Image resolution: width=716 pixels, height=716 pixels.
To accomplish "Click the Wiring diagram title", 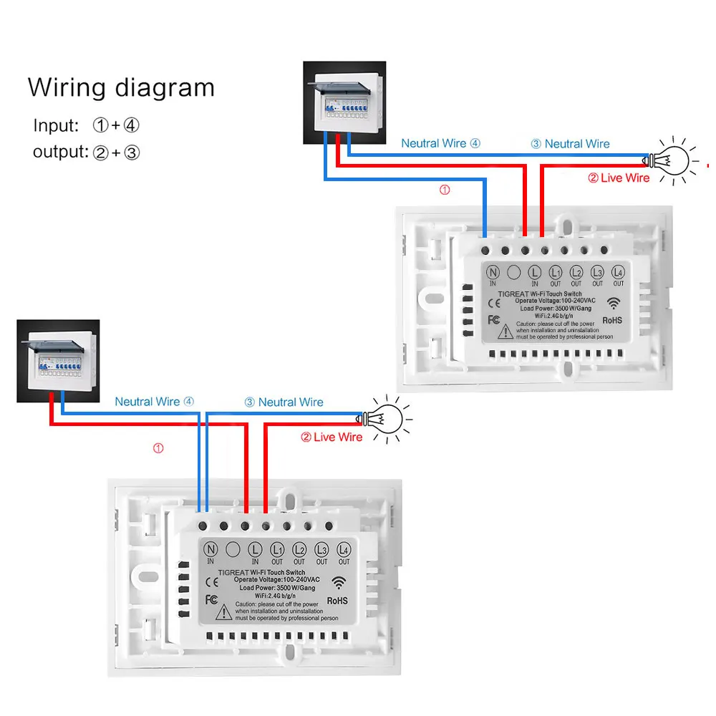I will pyautogui.click(x=121, y=87).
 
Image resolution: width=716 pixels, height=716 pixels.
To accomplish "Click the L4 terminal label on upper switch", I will pyautogui.click(x=618, y=273).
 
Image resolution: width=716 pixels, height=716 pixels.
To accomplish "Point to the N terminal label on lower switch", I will pyautogui.click(x=211, y=550).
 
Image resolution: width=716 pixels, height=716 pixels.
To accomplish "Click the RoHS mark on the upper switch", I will pyautogui.click(x=614, y=320).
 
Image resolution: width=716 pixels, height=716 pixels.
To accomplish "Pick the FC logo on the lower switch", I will pyautogui.click(x=212, y=599).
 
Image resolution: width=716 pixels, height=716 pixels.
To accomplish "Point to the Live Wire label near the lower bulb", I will pyautogui.click(x=332, y=437).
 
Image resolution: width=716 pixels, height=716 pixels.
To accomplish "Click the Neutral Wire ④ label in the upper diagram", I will pyautogui.click(x=440, y=143).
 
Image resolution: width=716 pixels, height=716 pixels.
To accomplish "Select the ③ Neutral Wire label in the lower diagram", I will pyautogui.click(x=284, y=402).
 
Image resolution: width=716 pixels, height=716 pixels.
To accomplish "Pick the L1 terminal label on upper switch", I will pyautogui.click(x=555, y=273).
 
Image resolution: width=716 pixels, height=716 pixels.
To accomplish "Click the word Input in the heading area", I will pyautogui.click(x=54, y=125).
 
